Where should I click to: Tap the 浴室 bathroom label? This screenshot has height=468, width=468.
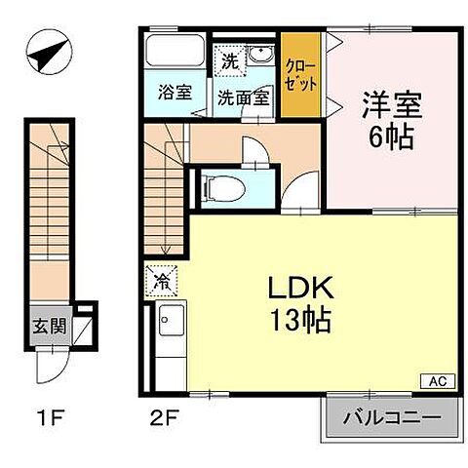[175, 95]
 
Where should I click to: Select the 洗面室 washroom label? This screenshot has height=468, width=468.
[238, 97]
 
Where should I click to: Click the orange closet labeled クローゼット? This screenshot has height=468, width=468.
[299, 76]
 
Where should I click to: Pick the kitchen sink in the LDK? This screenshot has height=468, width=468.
[173, 321]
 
